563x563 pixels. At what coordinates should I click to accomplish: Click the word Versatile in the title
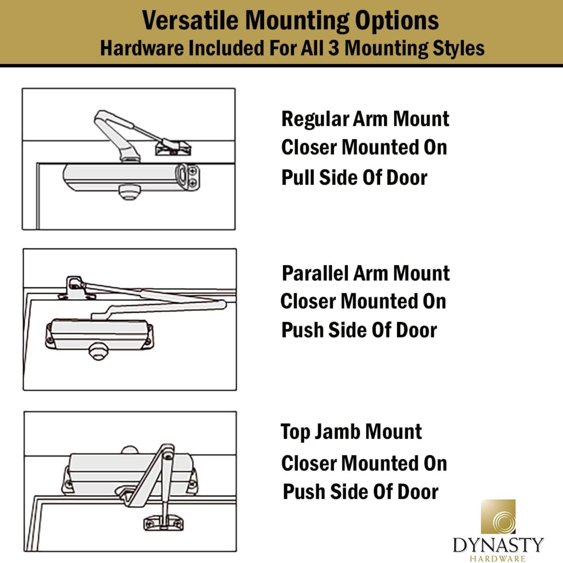point(191,20)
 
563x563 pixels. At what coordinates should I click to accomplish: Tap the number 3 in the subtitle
point(334,48)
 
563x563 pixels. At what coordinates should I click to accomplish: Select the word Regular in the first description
point(315,119)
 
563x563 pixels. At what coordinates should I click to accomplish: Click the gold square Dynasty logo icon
point(498,516)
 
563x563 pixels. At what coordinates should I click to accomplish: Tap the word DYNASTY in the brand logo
point(498,545)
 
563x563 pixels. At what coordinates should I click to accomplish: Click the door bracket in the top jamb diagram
point(163,523)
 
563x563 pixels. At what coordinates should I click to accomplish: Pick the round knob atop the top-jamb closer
point(129,450)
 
